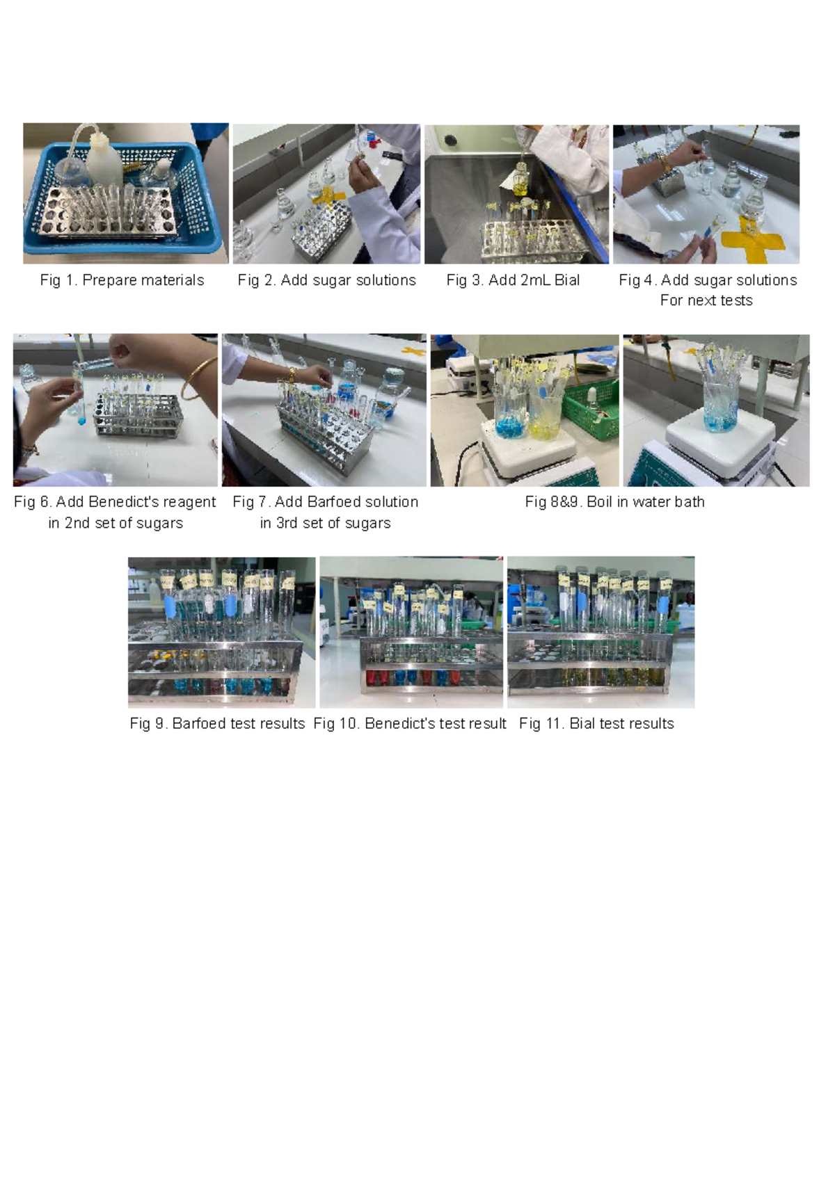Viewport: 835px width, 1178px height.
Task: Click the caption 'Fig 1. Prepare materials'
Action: tap(122, 280)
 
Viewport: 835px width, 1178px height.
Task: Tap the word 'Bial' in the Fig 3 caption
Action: tap(567, 280)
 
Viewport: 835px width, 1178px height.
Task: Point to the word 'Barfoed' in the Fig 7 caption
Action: tap(347, 502)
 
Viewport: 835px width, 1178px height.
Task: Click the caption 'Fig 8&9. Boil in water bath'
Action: tap(614, 502)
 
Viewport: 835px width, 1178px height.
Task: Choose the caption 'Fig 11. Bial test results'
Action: tap(596, 724)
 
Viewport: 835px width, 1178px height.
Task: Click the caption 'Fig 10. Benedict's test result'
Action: tap(410, 724)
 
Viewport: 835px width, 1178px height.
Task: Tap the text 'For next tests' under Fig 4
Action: tap(706, 300)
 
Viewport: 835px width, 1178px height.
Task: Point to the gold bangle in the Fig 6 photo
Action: tap(196, 379)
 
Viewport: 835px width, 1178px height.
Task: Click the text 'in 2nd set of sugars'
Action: tap(116, 523)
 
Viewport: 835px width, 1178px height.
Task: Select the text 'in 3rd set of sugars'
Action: tap(325, 523)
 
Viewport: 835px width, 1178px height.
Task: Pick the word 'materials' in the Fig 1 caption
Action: tap(174, 280)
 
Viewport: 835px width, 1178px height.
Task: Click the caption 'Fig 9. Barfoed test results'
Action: tap(217, 724)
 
